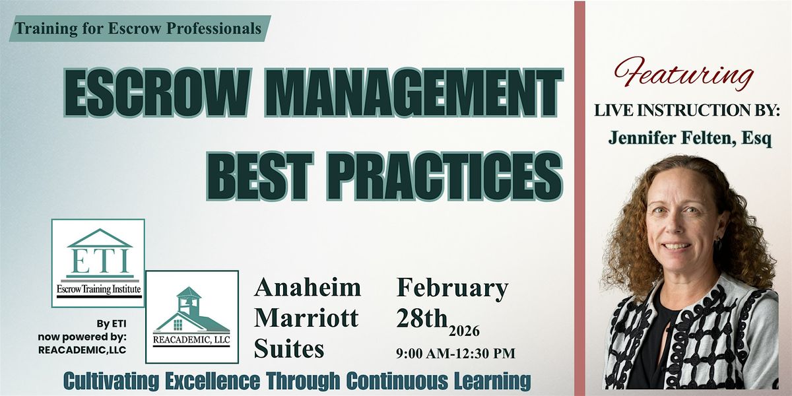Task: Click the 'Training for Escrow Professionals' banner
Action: [139, 29]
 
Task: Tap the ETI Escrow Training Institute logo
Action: [98, 263]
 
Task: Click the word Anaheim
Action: [308, 288]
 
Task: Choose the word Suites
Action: [290, 348]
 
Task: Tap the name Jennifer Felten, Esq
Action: [689, 140]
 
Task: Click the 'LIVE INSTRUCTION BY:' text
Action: [683, 111]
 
